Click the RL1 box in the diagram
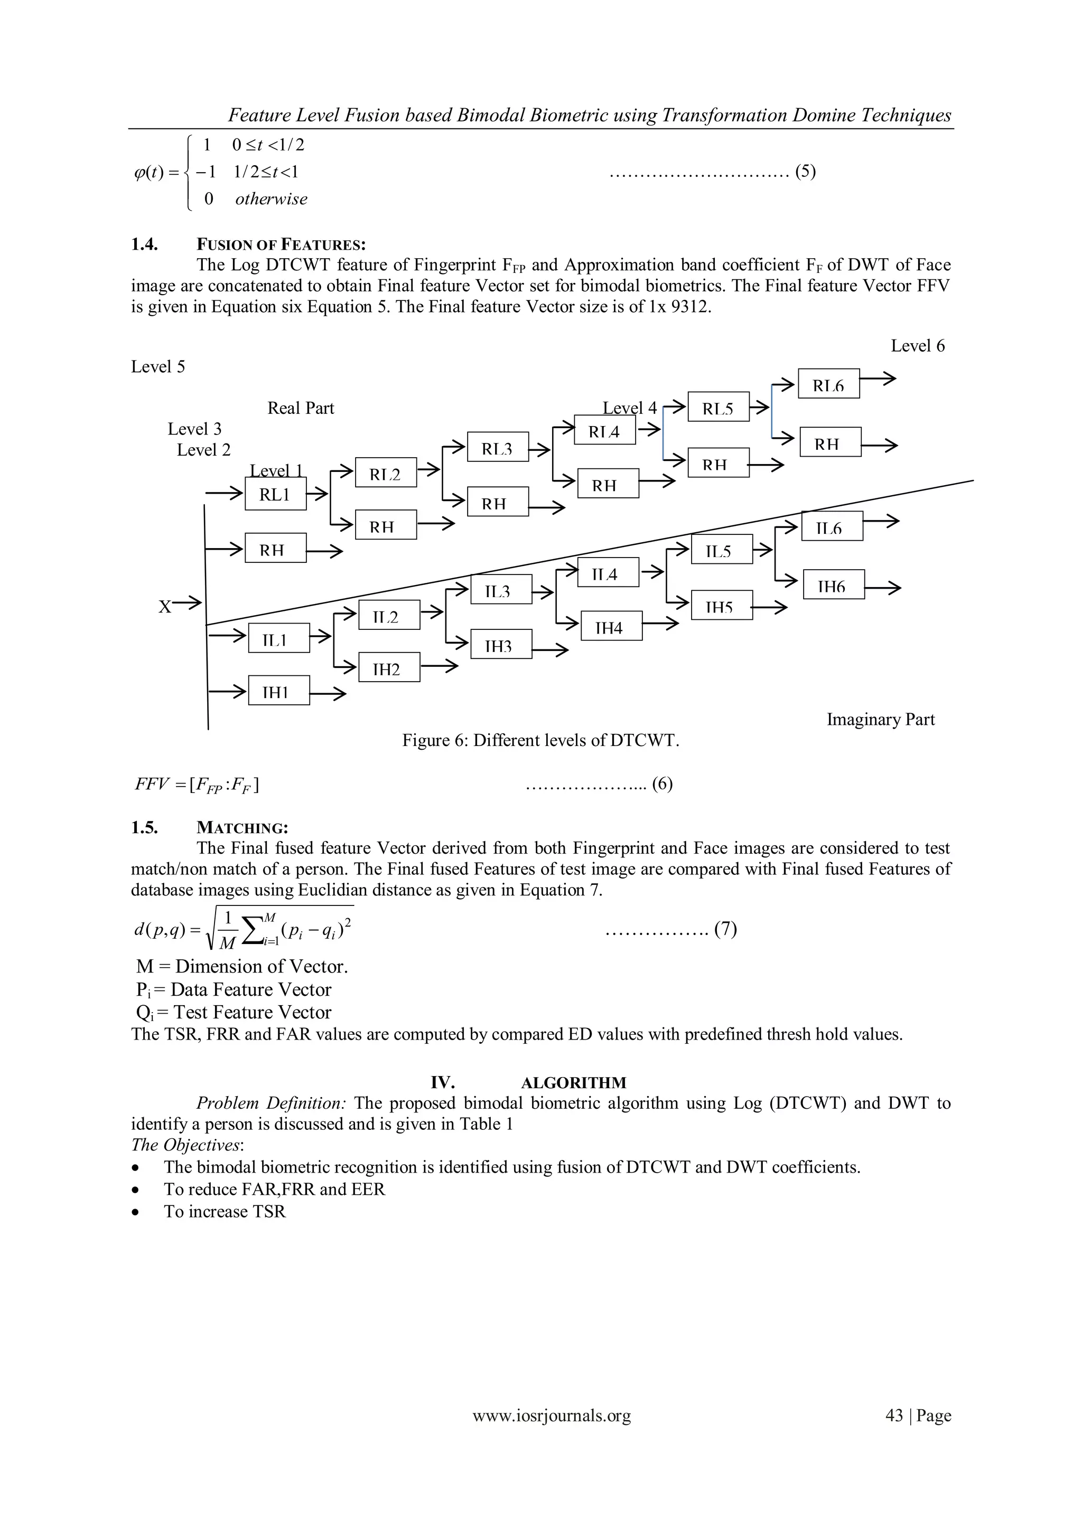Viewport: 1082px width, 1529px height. click(275, 495)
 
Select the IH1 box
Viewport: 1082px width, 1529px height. click(278, 691)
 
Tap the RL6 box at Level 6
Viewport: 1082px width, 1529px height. click(828, 384)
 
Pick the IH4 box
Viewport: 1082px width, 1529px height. click(611, 626)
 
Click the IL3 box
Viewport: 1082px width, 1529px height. click(500, 589)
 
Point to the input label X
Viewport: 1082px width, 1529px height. click(164, 607)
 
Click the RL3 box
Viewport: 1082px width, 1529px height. click(498, 447)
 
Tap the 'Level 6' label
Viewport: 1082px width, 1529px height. click(918, 346)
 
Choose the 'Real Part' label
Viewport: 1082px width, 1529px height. click(301, 408)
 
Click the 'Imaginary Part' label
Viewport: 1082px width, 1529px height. click(880, 719)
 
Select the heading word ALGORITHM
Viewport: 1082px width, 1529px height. click(573, 1083)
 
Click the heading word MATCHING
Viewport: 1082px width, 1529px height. click(242, 828)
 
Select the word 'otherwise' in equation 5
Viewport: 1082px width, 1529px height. click(271, 199)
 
